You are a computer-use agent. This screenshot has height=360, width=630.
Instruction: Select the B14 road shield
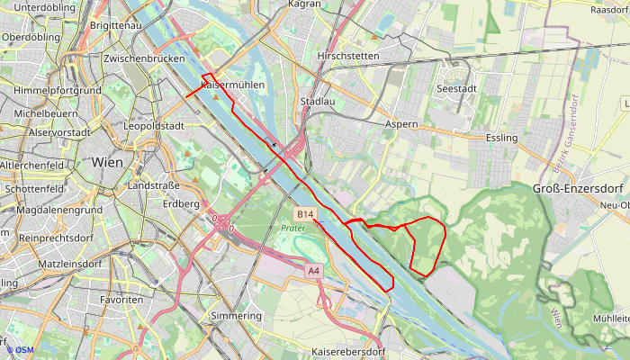click(x=305, y=214)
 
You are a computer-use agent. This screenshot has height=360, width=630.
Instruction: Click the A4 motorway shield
click(x=313, y=271)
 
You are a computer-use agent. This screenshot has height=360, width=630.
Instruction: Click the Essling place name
click(x=501, y=138)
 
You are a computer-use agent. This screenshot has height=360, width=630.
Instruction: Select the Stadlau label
click(x=318, y=102)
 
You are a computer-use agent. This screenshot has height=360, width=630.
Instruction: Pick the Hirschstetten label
click(x=348, y=56)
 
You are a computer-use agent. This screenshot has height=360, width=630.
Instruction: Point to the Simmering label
click(x=235, y=316)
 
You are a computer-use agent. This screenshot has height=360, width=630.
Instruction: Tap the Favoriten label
click(x=121, y=299)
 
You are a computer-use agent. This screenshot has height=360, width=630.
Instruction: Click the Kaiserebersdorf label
click(x=347, y=350)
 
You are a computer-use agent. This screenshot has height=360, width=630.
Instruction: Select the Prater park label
click(x=293, y=229)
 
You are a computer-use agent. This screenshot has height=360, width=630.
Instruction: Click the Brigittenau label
click(x=116, y=26)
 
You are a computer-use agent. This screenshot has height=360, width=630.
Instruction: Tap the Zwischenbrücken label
click(x=144, y=58)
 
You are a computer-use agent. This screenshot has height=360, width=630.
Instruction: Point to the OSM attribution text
click(x=20, y=350)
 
